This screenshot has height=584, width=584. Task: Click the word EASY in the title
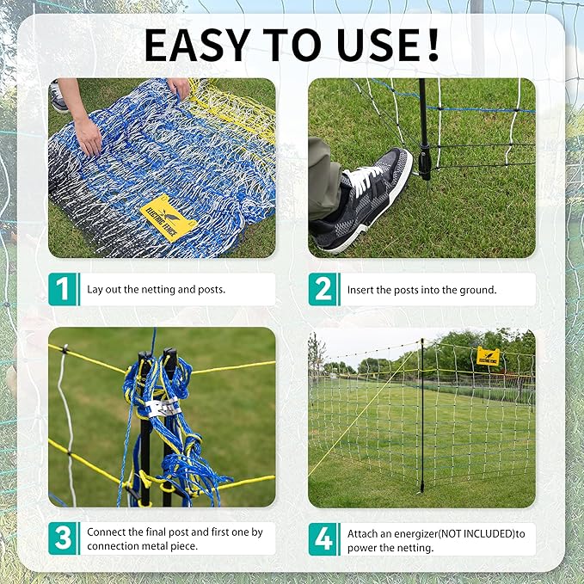198,45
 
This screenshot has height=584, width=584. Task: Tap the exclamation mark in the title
433,45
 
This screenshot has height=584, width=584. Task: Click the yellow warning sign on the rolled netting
168,218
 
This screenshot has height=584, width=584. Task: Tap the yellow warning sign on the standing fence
488,356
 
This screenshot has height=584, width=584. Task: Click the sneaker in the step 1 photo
58,96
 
